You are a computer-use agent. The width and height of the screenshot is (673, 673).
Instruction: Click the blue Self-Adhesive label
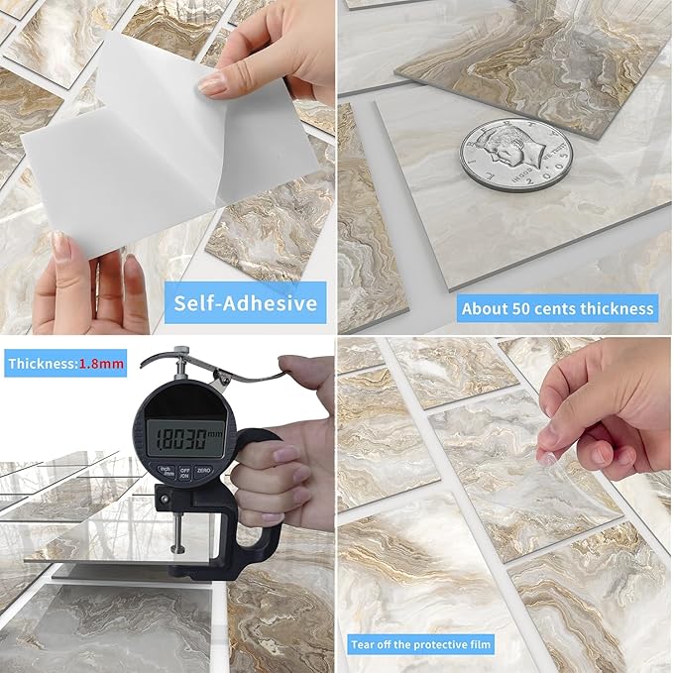coord(248,301)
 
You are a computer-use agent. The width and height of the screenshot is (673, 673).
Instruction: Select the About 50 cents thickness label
coord(558,308)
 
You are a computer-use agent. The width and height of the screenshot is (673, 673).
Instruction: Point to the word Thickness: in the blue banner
coord(42,364)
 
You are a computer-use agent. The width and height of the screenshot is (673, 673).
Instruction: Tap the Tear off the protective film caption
coord(421,645)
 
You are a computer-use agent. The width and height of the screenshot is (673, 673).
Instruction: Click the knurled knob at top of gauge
coord(179,352)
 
